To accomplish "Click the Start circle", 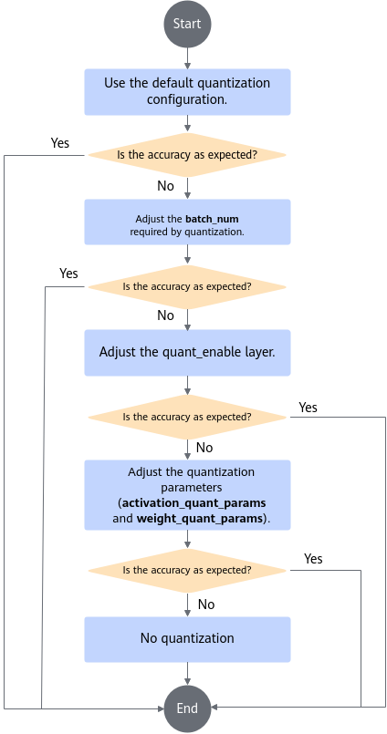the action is [x=187, y=24].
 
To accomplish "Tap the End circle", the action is [x=187, y=708].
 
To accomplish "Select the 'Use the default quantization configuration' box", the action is [x=187, y=92].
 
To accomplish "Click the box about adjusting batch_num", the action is [x=187, y=222].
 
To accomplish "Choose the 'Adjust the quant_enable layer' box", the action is [x=187, y=353].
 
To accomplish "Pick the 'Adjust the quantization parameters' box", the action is [x=187, y=495].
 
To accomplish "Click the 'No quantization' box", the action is [x=187, y=639].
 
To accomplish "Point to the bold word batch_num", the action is [x=213, y=219].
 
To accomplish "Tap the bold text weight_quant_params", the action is [x=199, y=519].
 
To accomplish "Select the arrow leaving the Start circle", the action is [x=187, y=58].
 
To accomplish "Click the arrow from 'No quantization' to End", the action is [x=187, y=674].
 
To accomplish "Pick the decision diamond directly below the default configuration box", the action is [x=187, y=155].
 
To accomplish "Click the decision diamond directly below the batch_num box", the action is [x=187, y=286].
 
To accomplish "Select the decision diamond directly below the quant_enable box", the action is [x=187, y=417].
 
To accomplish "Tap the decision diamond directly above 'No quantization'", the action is [x=187, y=571].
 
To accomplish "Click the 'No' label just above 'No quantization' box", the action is [x=206, y=605].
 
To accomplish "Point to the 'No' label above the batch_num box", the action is [x=165, y=186].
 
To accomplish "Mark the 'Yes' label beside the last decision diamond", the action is [x=313, y=558].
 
